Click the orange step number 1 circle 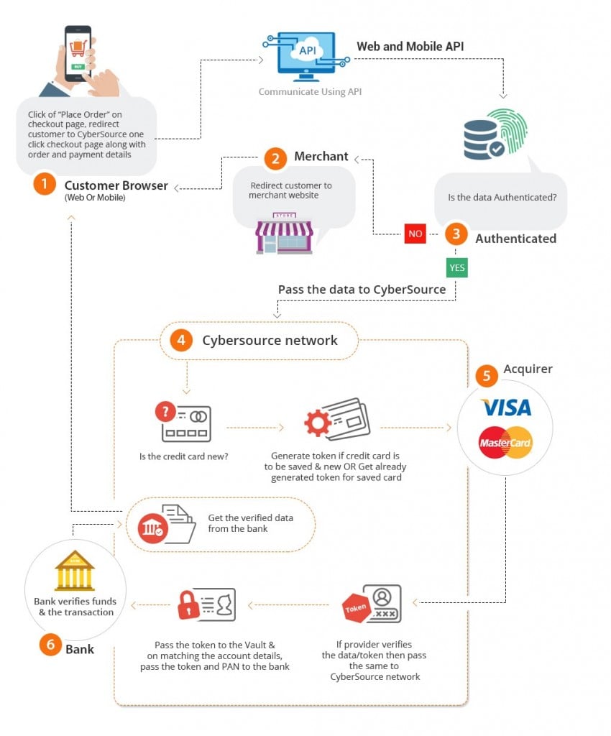coord(44,185)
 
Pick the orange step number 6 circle coord(50,645)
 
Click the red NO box coord(415,234)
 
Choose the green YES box coord(456,268)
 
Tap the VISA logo coord(505,408)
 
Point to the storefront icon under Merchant coord(284,233)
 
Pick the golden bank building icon coord(75,572)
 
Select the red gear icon coord(317,423)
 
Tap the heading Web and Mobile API coord(410,47)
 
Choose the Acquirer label coord(528,369)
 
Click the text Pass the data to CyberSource coord(362,290)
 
